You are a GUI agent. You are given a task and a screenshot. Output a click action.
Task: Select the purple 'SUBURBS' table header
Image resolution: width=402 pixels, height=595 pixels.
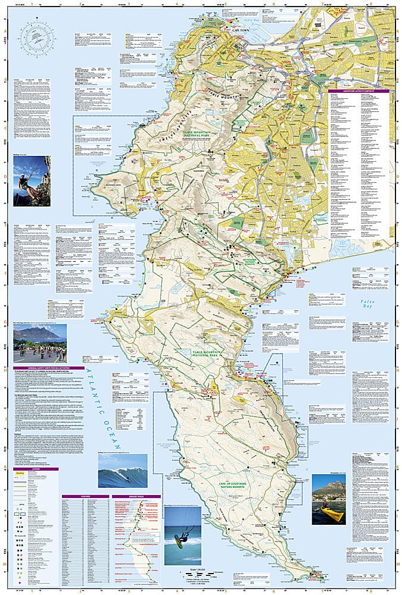pos(85,496)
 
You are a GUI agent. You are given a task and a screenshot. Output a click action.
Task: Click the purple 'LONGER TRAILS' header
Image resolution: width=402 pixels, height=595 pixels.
pos(136,496)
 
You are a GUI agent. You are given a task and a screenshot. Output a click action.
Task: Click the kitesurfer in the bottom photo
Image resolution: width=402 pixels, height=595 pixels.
pos(180,538)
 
